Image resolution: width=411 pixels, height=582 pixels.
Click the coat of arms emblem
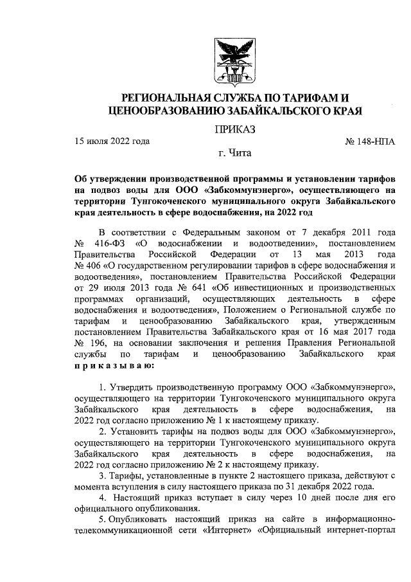point(234,62)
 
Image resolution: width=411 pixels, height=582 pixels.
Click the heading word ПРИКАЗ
point(235,131)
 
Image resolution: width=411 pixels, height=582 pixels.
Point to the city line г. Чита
point(235,154)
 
